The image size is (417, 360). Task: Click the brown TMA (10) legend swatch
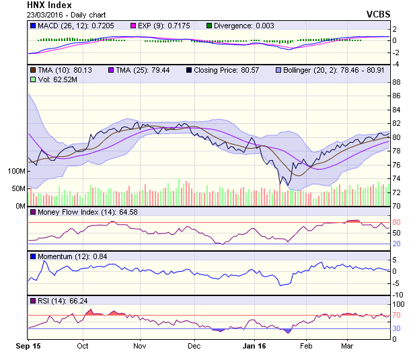click(33, 70)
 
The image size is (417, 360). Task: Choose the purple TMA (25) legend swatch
click(112, 70)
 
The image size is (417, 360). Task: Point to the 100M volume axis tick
click(15, 171)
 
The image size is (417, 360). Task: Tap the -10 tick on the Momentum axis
click(396, 294)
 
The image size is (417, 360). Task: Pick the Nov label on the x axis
click(139, 346)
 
